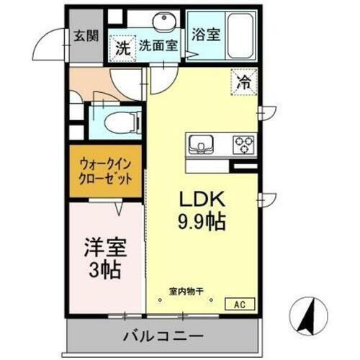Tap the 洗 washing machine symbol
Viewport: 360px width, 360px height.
pyautogui.click(x=123, y=49)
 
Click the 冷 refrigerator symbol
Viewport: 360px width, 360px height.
pyautogui.click(x=245, y=81)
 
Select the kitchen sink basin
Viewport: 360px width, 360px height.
pyautogui.click(x=199, y=145)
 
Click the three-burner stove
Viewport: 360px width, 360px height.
pyautogui.click(x=244, y=144)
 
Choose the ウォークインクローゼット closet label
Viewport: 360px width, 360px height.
pyautogui.click(x=105, y=173)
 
